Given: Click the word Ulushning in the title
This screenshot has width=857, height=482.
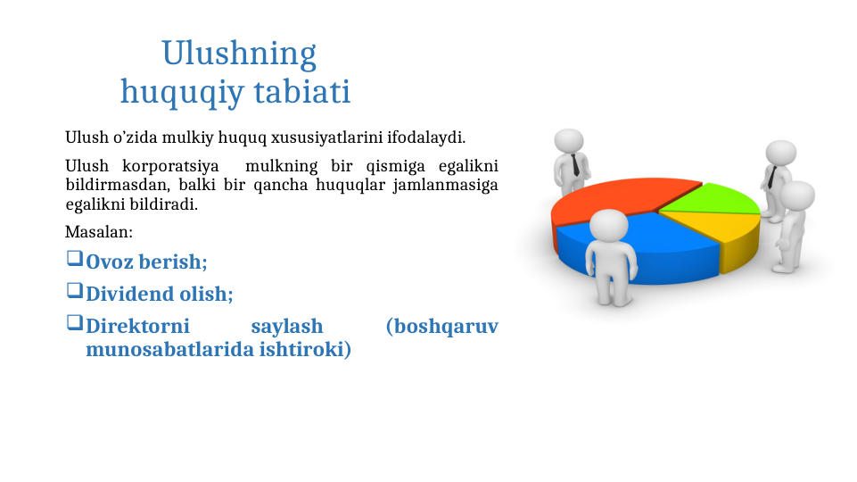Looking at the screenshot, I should [238, 54].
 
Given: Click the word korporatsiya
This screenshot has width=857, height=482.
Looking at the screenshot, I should [170, 166].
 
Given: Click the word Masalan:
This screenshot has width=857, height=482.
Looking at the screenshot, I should [98, 232].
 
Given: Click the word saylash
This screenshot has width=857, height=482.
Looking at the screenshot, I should [286, 326].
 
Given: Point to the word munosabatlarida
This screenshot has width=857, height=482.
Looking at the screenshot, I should [169, 350].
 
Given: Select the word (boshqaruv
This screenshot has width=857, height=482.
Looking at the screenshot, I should [441, 326].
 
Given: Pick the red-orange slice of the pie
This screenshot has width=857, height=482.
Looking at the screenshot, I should [615, 201].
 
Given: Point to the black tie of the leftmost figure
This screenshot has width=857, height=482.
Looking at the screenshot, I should [577, 164].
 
